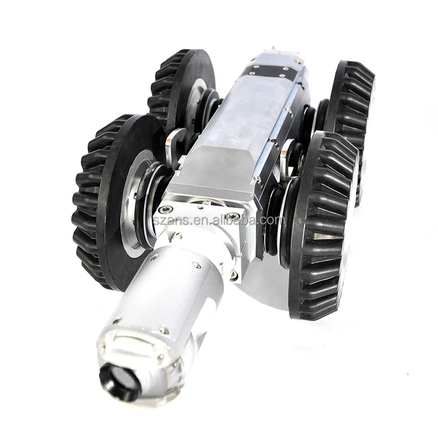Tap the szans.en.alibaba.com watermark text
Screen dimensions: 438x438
[229, 221]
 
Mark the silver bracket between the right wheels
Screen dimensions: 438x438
[285, 156]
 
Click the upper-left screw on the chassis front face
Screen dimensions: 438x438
[163, 209]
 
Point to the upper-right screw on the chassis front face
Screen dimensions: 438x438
[233, 217]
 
